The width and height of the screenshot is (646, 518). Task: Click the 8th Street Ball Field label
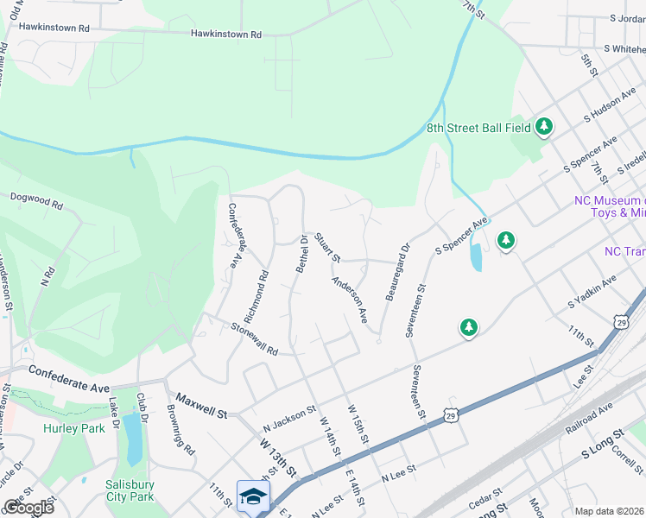pos(478,128)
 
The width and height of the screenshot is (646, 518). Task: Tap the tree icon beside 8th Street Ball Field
pos(543,128)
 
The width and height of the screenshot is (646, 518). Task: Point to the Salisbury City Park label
pos(130,490)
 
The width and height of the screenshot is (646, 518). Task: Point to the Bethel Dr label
pos(302,253)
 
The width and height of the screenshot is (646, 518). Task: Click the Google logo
pos(28,507)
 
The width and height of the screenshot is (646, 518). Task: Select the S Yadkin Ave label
pos(592,293)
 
